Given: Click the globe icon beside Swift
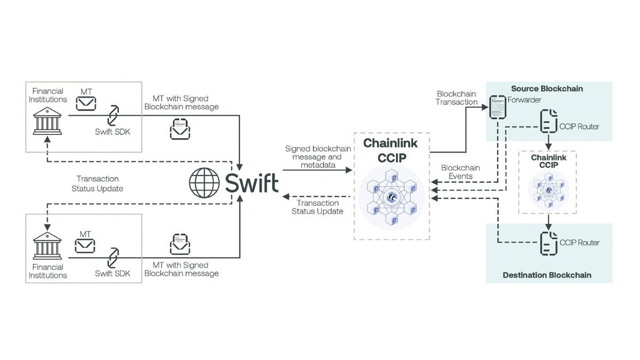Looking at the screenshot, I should (x=204, y=182).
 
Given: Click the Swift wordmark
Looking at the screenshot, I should (x=252, y=182).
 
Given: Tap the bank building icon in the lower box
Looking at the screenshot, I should (x=47, y=246).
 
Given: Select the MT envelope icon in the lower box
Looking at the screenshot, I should (x=85, y=245).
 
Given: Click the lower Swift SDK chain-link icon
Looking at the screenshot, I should (x=113, y=258).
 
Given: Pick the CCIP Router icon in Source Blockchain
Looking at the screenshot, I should (x=548, y=122).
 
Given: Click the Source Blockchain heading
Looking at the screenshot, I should (x=547, y=89).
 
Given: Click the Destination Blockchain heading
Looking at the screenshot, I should (x=547, y=275).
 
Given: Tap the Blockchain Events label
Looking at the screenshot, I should (x=460, y=172).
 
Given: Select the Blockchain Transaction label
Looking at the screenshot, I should (x=457, y=98).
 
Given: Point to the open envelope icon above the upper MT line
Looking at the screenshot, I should (x=180, y=130).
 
